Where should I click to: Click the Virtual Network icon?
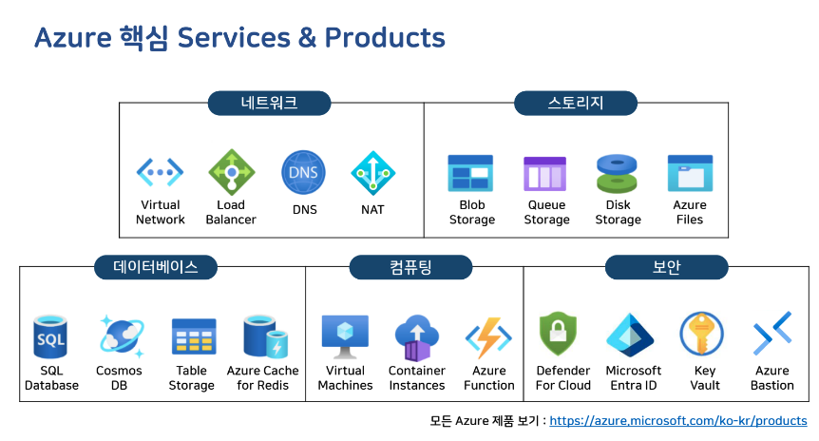[x=160, y=172]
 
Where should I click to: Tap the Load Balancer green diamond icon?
[x=231, y=172]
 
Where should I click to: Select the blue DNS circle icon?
[x=304, y=173]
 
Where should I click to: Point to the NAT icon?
[x=372, y=173]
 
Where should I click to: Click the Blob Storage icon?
[x=471, y=174]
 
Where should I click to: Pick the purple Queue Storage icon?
[x=545, y=174]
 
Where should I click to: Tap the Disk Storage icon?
[x=618, y=174]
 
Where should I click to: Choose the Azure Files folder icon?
[x=690, y=174]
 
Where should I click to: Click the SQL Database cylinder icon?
[x=50, y=337]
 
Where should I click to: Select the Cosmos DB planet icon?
[x=120, y=337]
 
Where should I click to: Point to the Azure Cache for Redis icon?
[x=263, y=337]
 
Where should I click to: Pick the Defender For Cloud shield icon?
[x=563, y=336]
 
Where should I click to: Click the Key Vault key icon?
[x=703, y=336]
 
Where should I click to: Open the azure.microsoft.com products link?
[x=678, y=420]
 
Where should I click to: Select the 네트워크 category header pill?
[x=269, y=103]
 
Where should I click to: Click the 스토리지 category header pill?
[x=576, y=103]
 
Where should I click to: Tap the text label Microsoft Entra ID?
[x=633, y=377]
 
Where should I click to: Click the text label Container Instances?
[x=417, y=377]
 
